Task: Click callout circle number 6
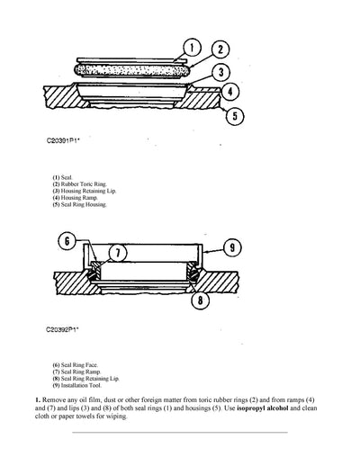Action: pos(69,241)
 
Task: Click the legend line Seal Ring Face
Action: pos(80,366)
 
